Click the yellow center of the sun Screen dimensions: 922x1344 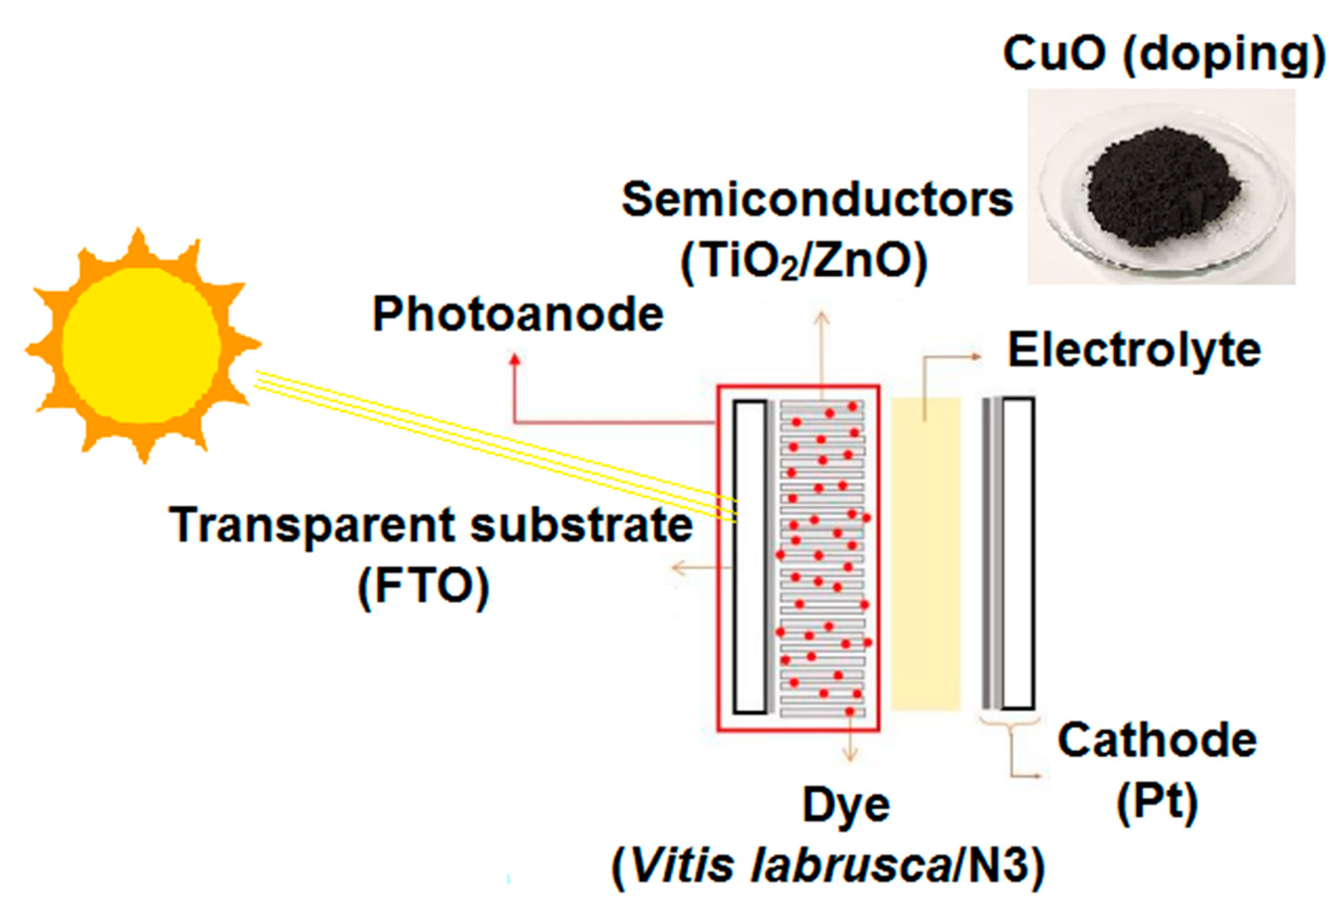141,346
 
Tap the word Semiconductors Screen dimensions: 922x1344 817,200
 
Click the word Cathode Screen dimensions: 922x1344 1157,741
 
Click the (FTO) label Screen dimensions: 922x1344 424,587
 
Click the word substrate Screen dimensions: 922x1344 581,525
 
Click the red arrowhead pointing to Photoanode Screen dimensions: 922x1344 515,359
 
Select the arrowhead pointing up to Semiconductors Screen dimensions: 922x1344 822,317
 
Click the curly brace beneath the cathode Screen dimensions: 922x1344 1010,724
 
